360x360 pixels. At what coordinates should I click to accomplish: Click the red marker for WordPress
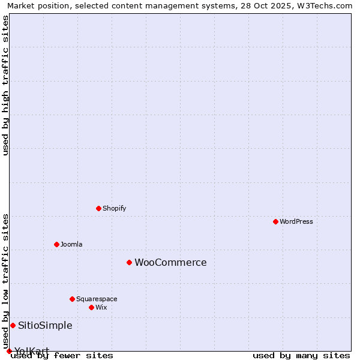pyautogui.click(x=275, y=221)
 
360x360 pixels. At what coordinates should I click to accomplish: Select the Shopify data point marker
pyautogui.click(x=98, y=208)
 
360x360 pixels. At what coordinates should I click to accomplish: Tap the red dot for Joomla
pyautogui.click(x=56, y=244)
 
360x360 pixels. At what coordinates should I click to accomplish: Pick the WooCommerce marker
pyautogui.click(x=129, y=262)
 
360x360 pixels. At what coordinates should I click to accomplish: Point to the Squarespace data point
pyautogui.click(x=72, y=299)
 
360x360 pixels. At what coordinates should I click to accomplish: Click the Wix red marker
pyautogui.click(x=91, y=307)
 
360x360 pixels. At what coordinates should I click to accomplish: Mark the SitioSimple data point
pyautogui.click(x=13, y=325)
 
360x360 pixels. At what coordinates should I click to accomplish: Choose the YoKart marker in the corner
pyautogui.click(x=9, y=351)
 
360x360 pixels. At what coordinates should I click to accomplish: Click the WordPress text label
pyautogui.click(x=296, y=221)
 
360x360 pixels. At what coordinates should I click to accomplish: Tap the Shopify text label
pyautogui.click(x=114, y=208)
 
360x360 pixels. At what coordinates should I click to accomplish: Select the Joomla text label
pyautogui.click(x=71, y=244)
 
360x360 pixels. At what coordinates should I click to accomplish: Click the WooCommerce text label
pyautogui.click(x=170, y=263)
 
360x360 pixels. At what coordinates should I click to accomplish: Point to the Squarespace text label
pyautogui.click(x=97, y=299)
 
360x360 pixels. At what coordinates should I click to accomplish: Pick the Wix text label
pyautogui.click(x=101, y=307)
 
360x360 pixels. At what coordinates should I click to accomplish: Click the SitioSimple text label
pyautogui.click(x=45, y=326)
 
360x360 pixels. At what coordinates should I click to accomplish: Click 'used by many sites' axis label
pyautogui.click(x=301, y=355)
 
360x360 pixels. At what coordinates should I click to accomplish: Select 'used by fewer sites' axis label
pyautogui.click(x=62, y=355)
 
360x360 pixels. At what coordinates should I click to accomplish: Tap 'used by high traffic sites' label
pyautogui.click(x=5, y=85)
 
